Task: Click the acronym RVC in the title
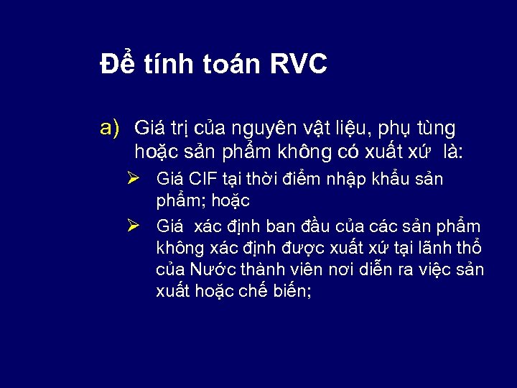click(299, 65)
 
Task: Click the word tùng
click(433, 129)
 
